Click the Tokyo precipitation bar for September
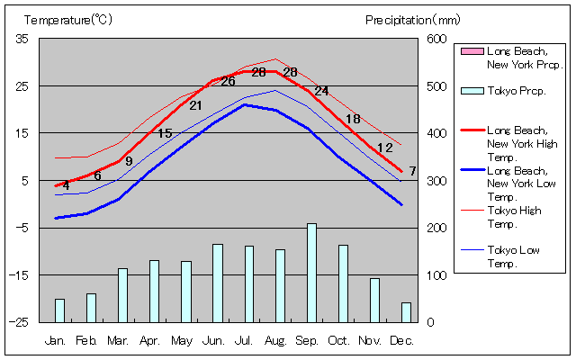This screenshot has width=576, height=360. (311, 273)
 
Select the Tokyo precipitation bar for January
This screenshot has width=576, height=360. (59, 310)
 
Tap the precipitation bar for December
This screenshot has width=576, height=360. (406, 311)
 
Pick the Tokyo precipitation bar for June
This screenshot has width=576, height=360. (217, 283)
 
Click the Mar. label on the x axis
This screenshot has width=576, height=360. (118, 340)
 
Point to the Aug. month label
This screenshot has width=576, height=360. (275, 340)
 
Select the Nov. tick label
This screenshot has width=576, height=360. (370, 340)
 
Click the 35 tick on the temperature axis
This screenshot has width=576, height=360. (22, 39)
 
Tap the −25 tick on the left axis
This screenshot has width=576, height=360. (18, 321)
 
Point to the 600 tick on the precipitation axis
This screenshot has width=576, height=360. (436, 39)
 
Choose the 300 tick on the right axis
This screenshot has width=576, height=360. (436, 180)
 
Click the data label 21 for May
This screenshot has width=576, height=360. (195, 105)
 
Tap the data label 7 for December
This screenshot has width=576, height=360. (412, 171)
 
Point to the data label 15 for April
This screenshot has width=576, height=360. (165, 133)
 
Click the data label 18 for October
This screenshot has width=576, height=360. (353, 118)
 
